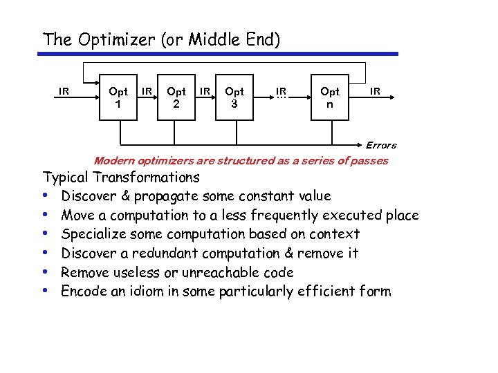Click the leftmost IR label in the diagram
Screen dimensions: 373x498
click(x=64, y=90)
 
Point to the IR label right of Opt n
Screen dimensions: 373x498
click(x=375, y=90)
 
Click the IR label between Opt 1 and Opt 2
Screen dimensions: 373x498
click(x=147, y=90)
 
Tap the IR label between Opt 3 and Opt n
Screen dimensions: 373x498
click(x=282, y=90)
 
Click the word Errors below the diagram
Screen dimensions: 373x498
click(x=381, y=145)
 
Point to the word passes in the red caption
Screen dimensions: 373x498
click(x=371, y=161)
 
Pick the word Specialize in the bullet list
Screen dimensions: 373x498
click(x=93, y=234)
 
